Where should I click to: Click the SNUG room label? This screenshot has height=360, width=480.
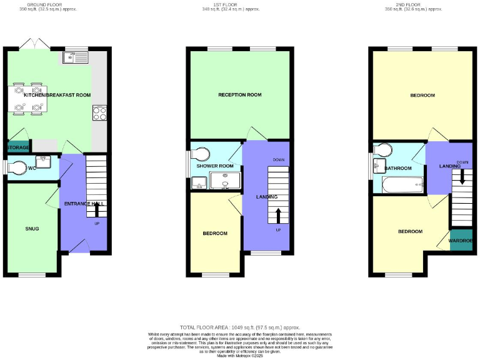(32, 229)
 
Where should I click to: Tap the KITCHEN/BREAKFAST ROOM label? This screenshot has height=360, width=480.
(57, 95)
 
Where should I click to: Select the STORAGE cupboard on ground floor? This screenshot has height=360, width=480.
(18, 147)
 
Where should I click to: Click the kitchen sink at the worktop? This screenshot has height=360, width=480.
(77, 58)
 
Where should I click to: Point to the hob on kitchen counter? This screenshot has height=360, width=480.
(99, 113)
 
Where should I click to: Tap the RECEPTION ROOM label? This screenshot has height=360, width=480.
(239, 95)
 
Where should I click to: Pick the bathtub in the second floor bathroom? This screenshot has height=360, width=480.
(402, 186)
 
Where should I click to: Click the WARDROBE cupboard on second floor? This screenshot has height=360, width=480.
(461, 241)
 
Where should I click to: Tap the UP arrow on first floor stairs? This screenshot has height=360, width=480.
(278, 216)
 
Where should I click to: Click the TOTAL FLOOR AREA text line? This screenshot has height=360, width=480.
(240, 327)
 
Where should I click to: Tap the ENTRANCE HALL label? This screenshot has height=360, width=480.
(84, 204)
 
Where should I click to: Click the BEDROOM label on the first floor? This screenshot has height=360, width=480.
(215, 233)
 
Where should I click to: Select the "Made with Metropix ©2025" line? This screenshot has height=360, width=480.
(240, 356)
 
